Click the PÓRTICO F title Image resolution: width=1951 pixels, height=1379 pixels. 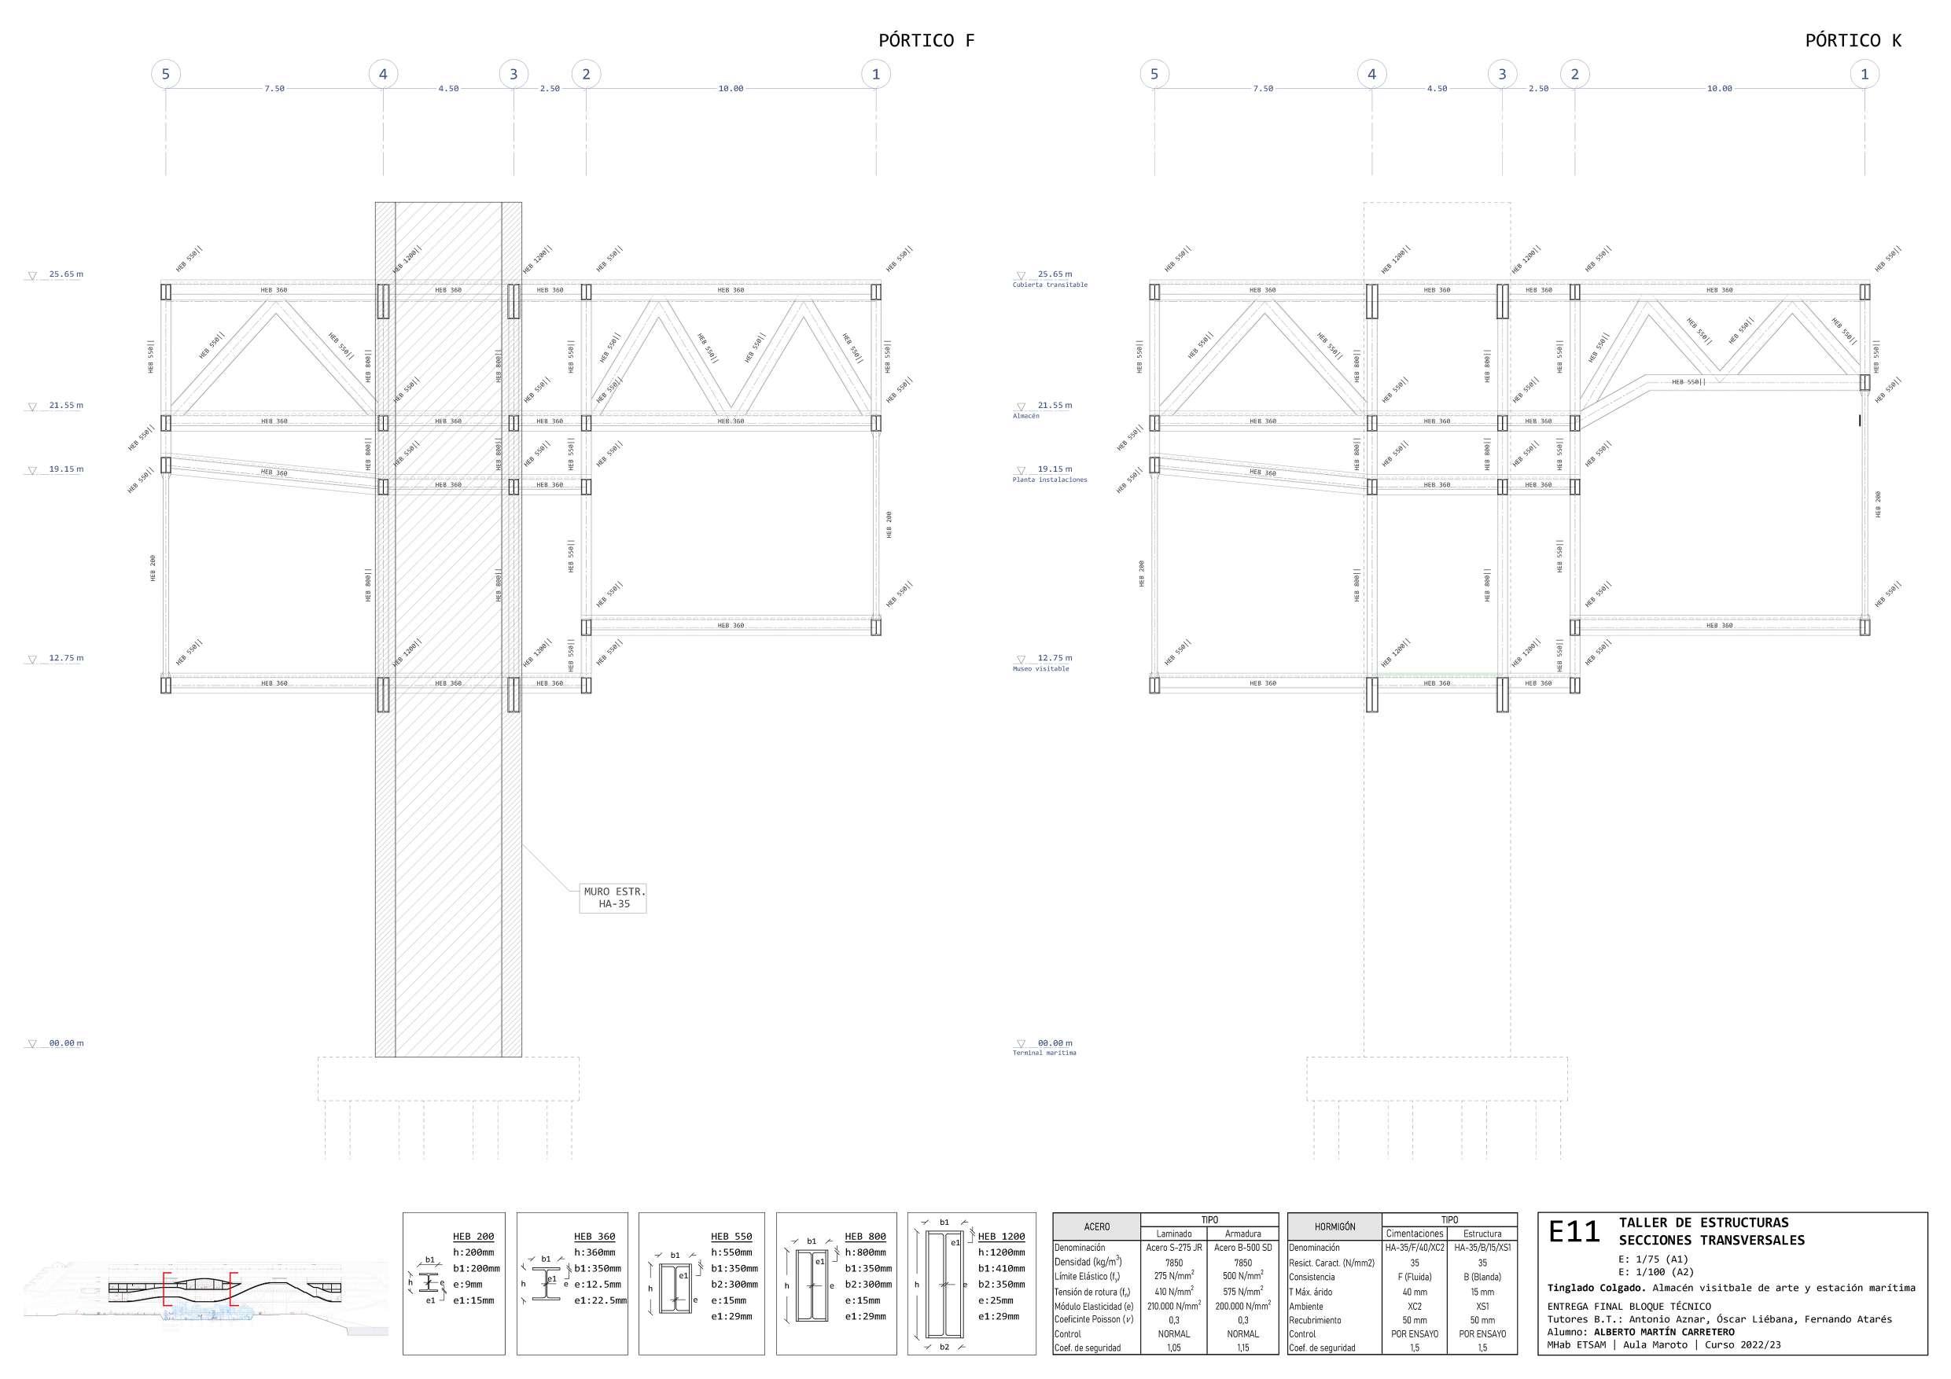pos(926,40)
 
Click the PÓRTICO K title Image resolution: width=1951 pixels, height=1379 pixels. pos(1853,40)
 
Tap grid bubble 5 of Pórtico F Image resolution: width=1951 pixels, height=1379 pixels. pos(166,74)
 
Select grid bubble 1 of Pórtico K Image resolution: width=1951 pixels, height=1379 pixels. pos(1864,74)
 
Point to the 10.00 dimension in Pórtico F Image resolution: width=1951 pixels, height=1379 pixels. pos(731,88)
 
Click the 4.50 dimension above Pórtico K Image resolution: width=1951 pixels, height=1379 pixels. pos(1437,88)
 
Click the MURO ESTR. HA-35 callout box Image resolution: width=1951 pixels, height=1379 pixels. pos(613,897)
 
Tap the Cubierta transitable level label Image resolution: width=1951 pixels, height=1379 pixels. pos(1050,285)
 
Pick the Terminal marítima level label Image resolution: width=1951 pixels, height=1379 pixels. pos(1044,1053)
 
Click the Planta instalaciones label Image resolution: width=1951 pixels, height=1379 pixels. pos(1050,480)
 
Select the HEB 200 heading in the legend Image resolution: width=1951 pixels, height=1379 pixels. pos(473,1236)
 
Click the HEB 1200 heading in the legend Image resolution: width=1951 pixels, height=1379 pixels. pos(1001,1236)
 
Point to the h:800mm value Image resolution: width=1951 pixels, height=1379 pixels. pos(865,1252)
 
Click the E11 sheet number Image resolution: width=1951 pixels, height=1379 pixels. pos(1574,1232)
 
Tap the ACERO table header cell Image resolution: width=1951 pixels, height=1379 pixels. pos(1096,1227)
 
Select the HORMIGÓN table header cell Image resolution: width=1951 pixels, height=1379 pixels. pos(1334,1227)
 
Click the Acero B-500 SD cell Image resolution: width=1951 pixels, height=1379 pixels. pos(1242,1248)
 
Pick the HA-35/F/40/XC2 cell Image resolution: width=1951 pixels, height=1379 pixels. pos(1414,1248)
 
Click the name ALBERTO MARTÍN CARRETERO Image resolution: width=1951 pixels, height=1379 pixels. pos(1664,1333)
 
